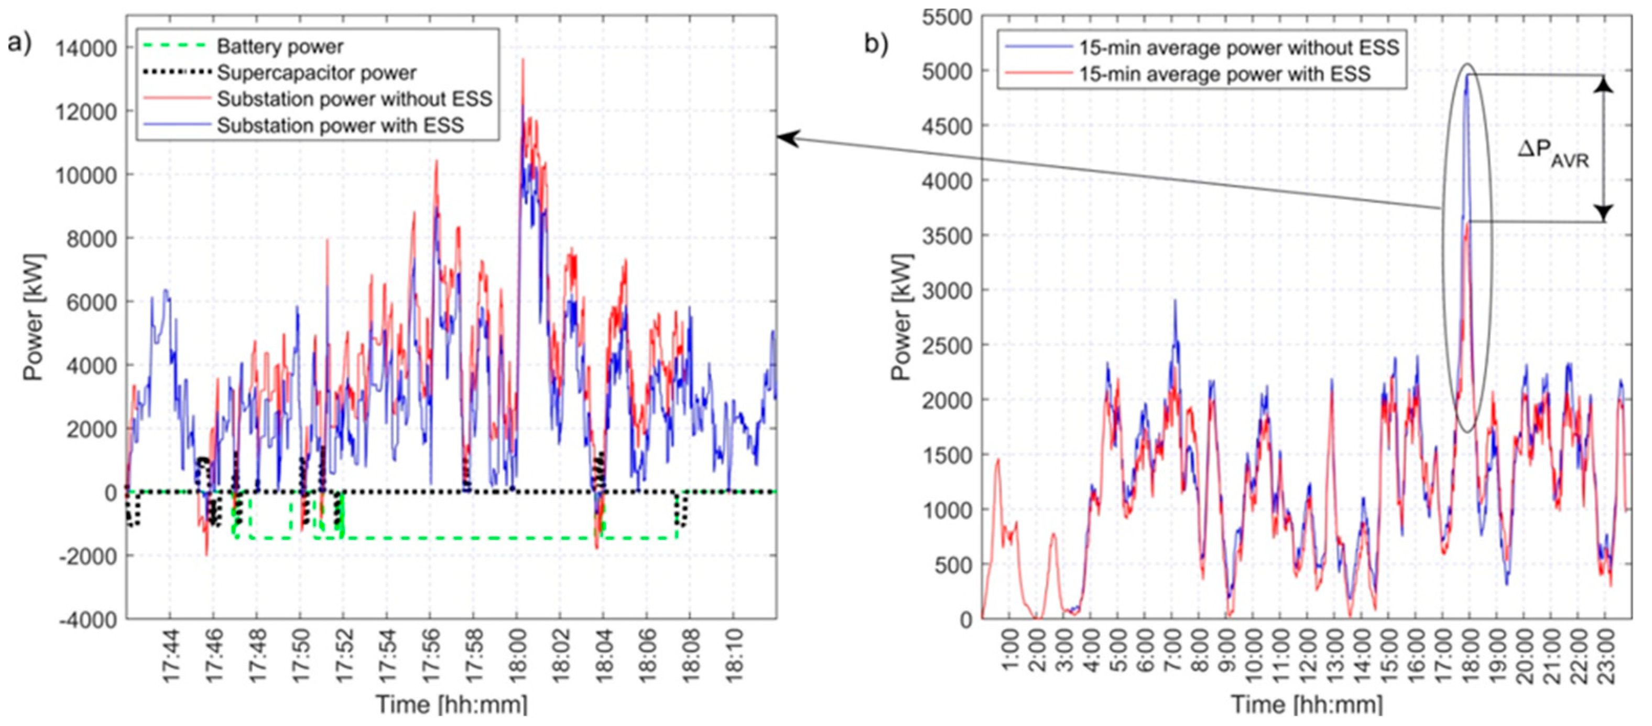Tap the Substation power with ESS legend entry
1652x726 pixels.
click(x=340, y=125)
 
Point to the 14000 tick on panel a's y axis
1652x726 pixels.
click(x=86, y=48)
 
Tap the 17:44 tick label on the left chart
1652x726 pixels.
click(x=170, y=652)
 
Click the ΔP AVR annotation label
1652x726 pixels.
click(x=1553, y=155)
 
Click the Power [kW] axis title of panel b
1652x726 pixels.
click(x=901, y=318)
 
